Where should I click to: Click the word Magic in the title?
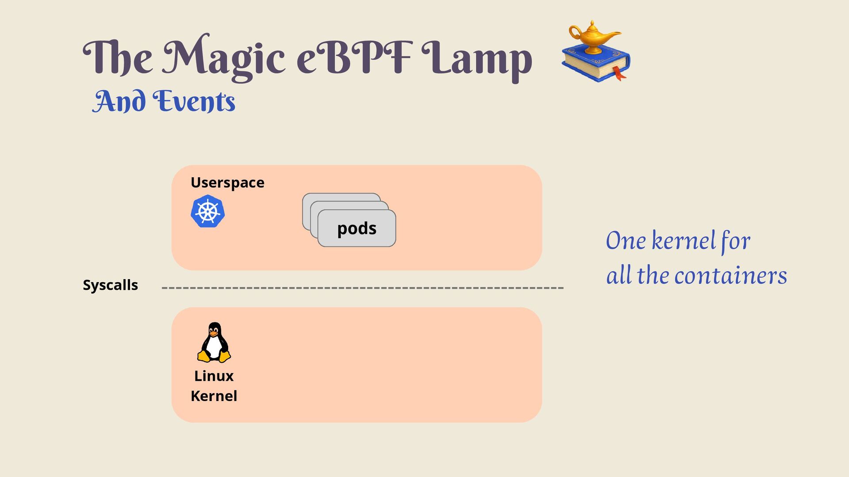pos(224,57)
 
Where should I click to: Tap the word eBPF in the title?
pos(354,57)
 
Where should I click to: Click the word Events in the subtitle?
pos(194,102)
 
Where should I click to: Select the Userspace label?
pos(227,182)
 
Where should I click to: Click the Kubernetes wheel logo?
pos(207,211)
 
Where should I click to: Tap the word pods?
pos(357,228)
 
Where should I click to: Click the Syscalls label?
pos(111,285)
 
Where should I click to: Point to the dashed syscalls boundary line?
pos(363,288)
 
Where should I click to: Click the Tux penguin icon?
pos(214,342)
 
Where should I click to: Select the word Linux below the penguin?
pos(214,376)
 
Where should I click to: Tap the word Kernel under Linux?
pos(214,396)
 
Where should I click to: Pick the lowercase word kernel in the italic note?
pos(684,241)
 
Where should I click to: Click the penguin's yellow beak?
pos(214,334)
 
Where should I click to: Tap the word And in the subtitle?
pos(119,102)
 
